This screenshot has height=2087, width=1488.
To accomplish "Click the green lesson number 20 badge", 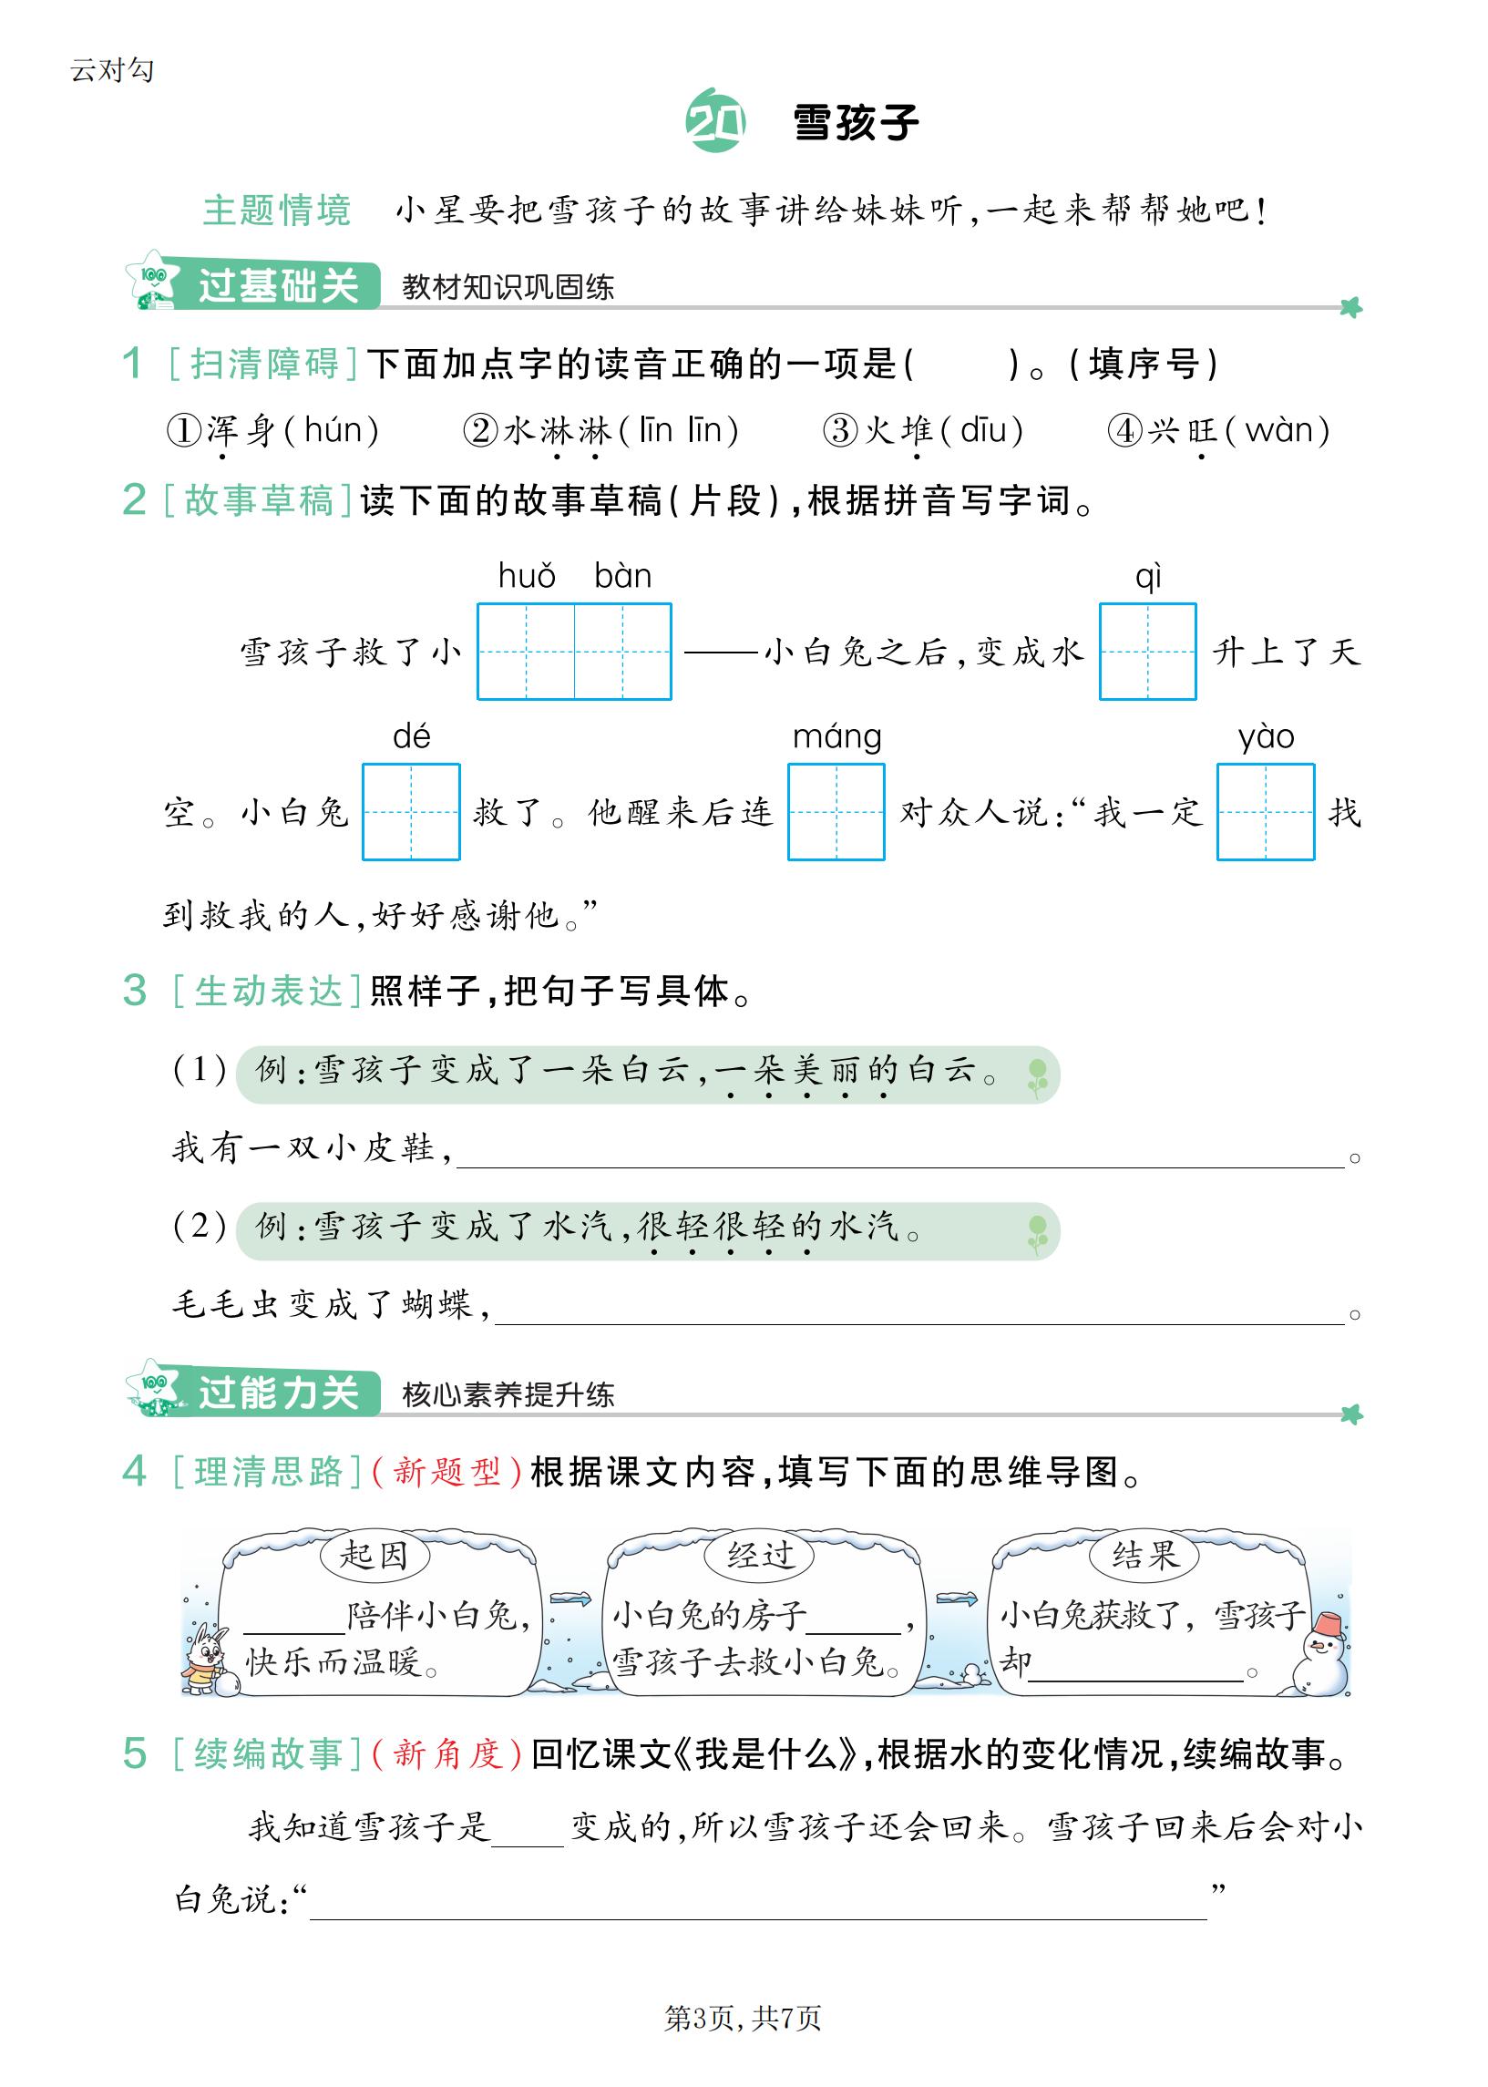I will (x=714, y=121).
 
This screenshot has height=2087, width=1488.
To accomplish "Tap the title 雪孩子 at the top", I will (x=856, y=123).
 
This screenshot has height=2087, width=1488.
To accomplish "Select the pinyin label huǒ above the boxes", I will (x=527, y=576).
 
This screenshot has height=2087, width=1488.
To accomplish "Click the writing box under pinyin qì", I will (x=1147, y=652).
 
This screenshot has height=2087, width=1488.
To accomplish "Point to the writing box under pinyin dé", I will (x=410, y=812).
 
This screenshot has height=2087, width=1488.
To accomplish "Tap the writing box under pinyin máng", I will (x=836, y=812).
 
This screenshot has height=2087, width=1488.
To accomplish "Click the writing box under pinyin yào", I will (x=1266, y=812).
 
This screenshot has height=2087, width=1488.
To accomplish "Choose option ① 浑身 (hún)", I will (x=273, y=430).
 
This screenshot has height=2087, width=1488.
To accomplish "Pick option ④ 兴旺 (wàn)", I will (x=1218, y=430).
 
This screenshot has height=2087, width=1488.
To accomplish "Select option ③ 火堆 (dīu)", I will (x=924, y=430).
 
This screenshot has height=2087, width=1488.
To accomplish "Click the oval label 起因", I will (x=374, y=1555).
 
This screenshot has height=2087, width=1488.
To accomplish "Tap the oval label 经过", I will (x=760, y=1555).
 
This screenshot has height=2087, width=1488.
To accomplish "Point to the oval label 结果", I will (x=1144, y=1555).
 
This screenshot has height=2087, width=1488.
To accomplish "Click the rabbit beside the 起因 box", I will (x=206, y=1659).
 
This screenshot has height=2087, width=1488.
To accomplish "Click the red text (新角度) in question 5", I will (x=448, y=1753).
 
